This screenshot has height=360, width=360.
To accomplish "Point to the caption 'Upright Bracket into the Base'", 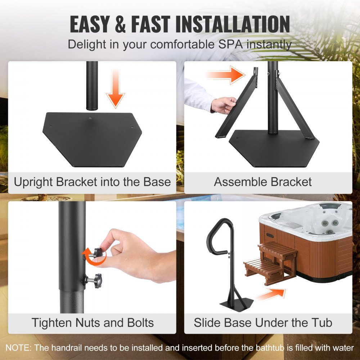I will (x=92, y=182).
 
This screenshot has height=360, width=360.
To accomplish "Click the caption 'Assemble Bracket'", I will (x=263, y=182).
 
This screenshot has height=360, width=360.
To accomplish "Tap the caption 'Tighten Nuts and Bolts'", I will (x=93, y=322).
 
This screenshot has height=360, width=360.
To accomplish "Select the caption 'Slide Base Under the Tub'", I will (x=263, y=322).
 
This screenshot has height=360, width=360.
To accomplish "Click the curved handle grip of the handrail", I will (x=216, y=238).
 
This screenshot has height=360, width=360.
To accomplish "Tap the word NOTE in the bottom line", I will (x=18, y=348).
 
